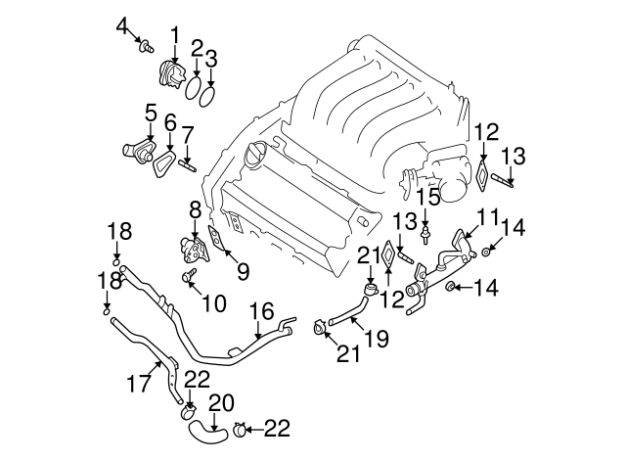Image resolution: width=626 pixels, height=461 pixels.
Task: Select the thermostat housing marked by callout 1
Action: click(172, 73)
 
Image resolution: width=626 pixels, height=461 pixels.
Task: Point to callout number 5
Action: click(151, 115)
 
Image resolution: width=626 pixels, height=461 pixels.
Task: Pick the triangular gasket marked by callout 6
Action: click(165, 157)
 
